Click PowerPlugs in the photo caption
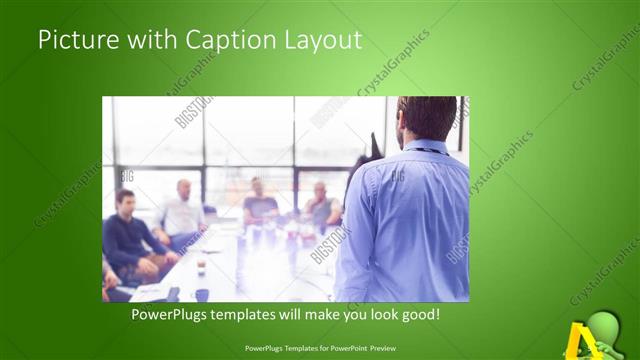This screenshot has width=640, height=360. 173,315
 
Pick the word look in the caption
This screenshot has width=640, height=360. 377,315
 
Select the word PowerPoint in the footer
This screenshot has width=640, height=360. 344,349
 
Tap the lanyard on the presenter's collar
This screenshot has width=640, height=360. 429,151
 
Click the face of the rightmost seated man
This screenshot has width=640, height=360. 320,191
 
